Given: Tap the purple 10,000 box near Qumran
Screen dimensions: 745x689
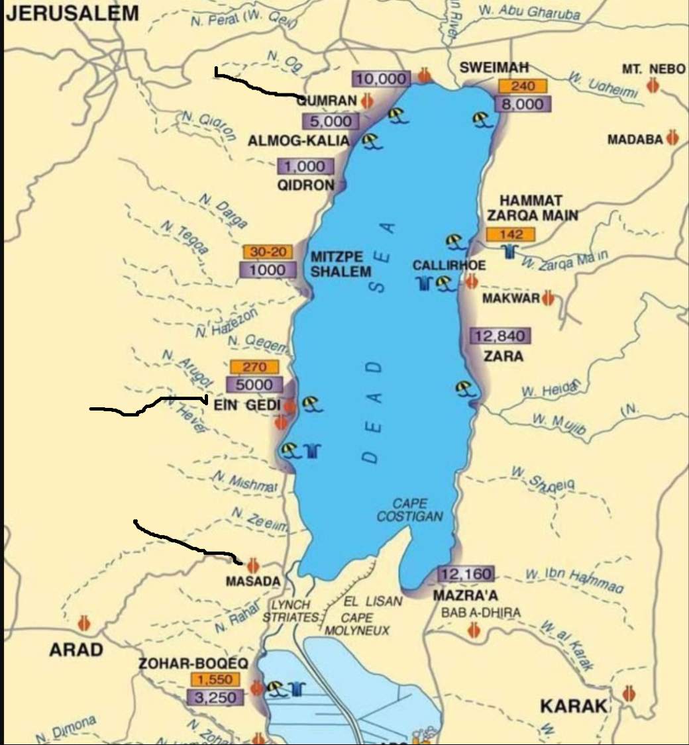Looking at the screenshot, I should pos(381,79).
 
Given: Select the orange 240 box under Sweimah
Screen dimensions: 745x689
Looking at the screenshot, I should pos(522,86).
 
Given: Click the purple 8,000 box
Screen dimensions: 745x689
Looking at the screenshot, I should pos(522,104).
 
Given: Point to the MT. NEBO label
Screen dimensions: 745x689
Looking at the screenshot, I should pos(653,68).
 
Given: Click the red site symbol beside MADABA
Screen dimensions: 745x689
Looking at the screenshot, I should pos(673,138).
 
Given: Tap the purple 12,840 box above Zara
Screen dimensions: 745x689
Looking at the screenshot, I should pos(500,336).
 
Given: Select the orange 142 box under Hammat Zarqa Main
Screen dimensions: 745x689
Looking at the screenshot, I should pos(509,234).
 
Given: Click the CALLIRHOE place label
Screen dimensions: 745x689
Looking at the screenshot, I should pos(449,265).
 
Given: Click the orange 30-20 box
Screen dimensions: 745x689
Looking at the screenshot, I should pos(268,252).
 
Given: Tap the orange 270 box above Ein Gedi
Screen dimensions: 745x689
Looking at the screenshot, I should pos(254,367).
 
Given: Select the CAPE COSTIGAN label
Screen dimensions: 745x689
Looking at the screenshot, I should pos(409,509).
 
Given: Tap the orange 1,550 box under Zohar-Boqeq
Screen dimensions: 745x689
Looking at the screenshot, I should pos(215,680).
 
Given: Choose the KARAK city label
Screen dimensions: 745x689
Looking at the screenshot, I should pos(574,706).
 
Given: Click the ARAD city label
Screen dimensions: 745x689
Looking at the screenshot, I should pos(76,650).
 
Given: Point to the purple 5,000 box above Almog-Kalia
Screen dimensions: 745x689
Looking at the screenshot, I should pos(331,121).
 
